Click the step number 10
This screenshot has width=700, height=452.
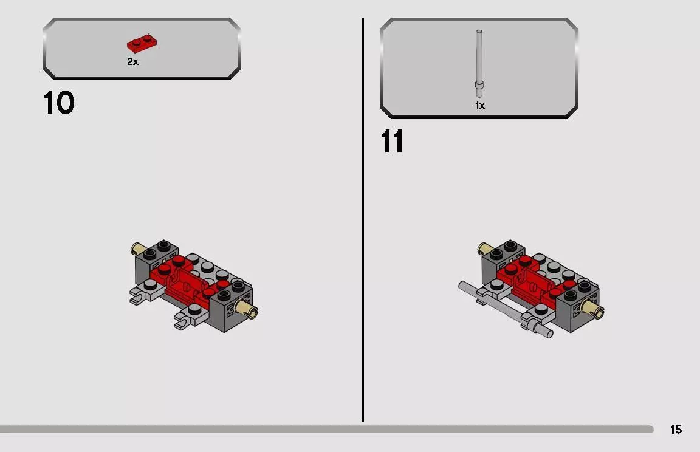(59, 103)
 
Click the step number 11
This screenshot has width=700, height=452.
(392, 142)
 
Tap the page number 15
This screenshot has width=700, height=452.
(676, 430)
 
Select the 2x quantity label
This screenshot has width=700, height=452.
(132, 62)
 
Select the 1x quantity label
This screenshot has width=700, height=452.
(479, 106)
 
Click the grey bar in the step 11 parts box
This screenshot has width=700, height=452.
(479, 61)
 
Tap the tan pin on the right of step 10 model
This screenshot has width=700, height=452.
(250, 308)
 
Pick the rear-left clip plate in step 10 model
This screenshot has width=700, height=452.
(140, 296)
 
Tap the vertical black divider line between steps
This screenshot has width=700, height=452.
(363, 219)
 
